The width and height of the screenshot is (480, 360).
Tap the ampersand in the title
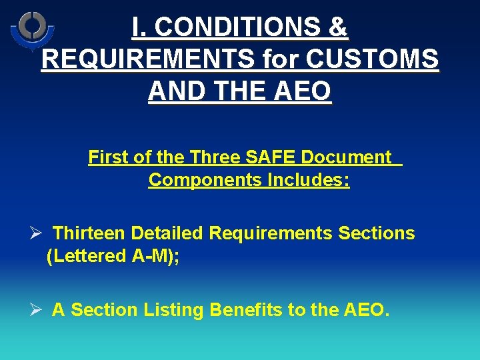[x=338, y=27]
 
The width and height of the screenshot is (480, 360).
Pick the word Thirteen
[x=89, y=233]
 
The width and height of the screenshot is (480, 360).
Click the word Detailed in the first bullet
[x=168, y=233]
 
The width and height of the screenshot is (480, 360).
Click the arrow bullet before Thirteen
[x=37, y=233]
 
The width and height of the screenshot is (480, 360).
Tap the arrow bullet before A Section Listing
[x=37, y=310]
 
